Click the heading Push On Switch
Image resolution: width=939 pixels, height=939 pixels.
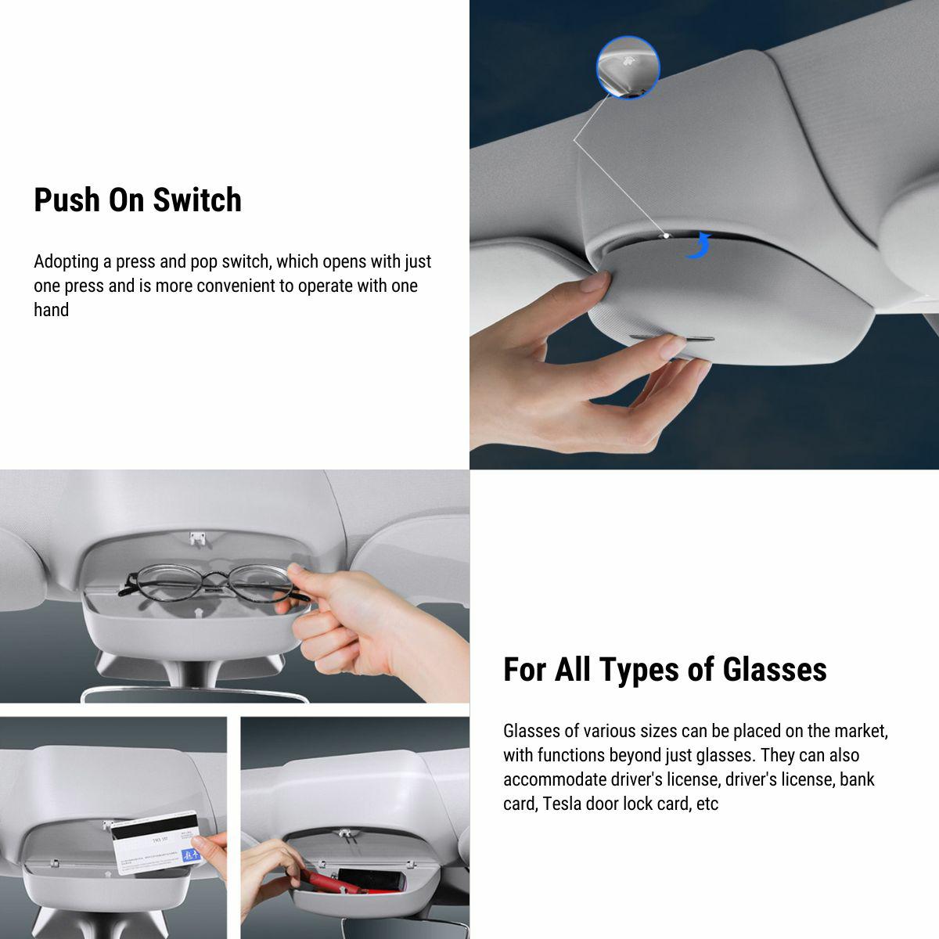click(x=138, y=200)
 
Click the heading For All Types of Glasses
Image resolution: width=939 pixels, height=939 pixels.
click(x=664, y=670)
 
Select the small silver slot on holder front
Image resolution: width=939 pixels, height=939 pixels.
click(x=674, y=339)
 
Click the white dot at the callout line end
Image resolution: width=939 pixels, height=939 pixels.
click(x=666, y=234)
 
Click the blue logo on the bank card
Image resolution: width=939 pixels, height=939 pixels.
click(x=190, y=854)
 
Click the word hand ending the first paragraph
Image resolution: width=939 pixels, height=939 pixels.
click(x=52, y=310)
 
